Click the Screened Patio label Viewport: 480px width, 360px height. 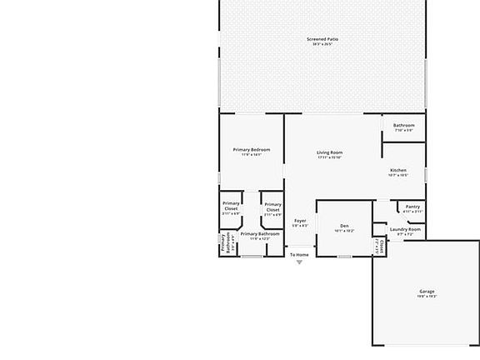(x=322, y=38)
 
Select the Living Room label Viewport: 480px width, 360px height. (x=330, y=152)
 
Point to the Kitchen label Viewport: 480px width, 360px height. (x=397, y=170)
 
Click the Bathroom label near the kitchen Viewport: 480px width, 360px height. (x=403, y=125)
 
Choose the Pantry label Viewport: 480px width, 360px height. (x=412, y=207)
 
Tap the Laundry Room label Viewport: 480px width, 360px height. (x=405, y=229)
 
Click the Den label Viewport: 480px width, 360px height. (x=344, y=226)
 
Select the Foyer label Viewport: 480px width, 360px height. (x=300, y=221)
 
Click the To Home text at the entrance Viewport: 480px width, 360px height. (x=299, y=254)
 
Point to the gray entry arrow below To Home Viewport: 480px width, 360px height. (x=299, y=262)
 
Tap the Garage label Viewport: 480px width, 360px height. (x=427, y=292)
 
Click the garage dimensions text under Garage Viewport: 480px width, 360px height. (x=427, y=297)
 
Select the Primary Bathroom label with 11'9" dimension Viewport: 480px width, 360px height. (x=260, y=234)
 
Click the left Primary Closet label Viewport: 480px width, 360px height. (x=231, y=206)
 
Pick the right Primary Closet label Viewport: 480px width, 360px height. (x=272, y=207)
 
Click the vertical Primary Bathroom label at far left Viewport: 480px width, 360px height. (x=224, y=243)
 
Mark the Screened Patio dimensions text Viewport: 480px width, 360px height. (x=322, y=44)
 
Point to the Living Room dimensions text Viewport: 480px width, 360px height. (x=330, y=157)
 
